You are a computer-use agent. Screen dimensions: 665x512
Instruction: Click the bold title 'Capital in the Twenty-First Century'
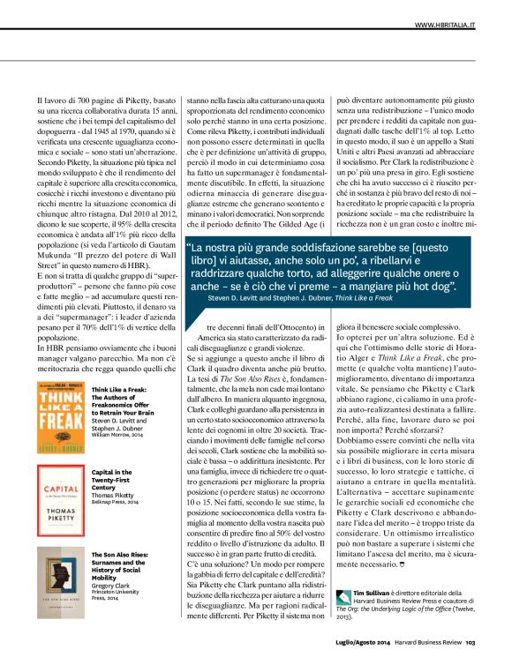tap(117, 479)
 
